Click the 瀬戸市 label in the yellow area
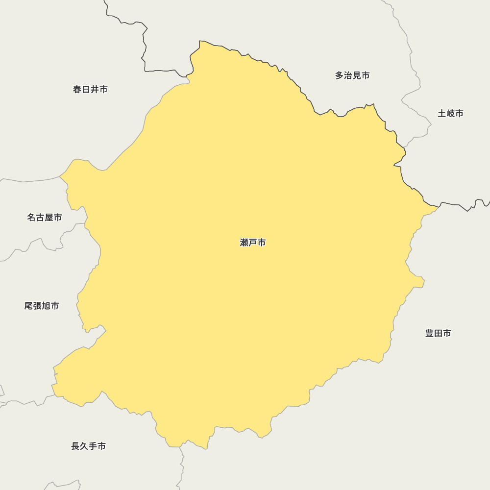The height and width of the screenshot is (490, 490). (x=253, y=243)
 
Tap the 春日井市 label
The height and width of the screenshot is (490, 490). (x=90, y=89)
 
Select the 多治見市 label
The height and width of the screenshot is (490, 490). (x=352, y=75)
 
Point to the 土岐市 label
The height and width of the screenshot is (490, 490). (x=450, y=113)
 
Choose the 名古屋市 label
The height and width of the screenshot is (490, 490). (x=44, y=217)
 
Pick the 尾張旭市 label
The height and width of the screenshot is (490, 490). (x=42, y=306)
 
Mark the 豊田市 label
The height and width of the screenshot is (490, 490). (x=438, y=333)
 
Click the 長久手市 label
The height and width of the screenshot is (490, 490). (x=88, y=446)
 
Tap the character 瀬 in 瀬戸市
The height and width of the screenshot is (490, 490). (x=245, y=243)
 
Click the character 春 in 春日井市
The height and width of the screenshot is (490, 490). (x=77, y=89)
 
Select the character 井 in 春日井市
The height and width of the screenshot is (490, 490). (x=95, y=89)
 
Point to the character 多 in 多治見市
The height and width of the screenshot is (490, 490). (x=340, y=75)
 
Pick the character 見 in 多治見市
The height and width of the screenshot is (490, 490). (x=357, y=75)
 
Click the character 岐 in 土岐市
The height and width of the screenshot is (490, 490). (x=450, y=113)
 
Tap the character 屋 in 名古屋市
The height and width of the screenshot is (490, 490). (x=49, y=217)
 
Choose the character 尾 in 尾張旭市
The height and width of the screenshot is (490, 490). (x=29, y=306)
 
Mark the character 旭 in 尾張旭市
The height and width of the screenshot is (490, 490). (x=46, y=306)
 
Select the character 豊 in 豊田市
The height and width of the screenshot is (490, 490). (x=430, y=333)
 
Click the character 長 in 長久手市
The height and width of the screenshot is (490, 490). (x=75, y=446)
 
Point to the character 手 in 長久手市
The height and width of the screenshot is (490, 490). (x=93, y=446)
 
